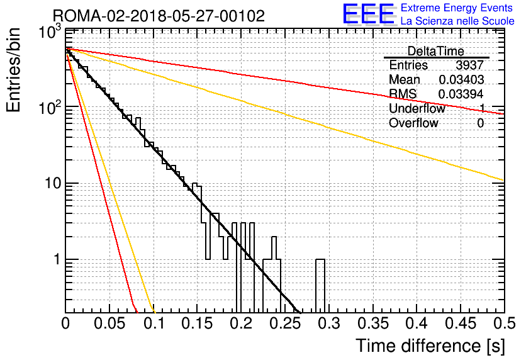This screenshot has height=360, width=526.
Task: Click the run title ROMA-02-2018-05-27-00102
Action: (159, 15)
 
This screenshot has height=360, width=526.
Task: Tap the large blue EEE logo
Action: (368, 14)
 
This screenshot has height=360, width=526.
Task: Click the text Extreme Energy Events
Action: (457, 8)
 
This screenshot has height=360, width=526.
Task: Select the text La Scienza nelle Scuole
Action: (457, 21)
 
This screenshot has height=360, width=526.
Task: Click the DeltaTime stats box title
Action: (436, 51)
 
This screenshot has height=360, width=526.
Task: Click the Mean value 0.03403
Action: (461, 80)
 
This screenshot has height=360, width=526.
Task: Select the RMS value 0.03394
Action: (461, 94)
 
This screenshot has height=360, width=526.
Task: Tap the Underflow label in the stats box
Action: (417, 109)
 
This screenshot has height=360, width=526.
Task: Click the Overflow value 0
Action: (480, 123)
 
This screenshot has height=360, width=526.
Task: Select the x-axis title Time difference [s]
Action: (430, 346)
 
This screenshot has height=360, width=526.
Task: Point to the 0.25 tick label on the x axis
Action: (284, 323)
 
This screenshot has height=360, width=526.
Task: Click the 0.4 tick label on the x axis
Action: (416, 323)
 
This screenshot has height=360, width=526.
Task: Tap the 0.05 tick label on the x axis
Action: (109, 323)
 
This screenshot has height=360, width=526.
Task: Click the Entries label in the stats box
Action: (408, 65)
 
